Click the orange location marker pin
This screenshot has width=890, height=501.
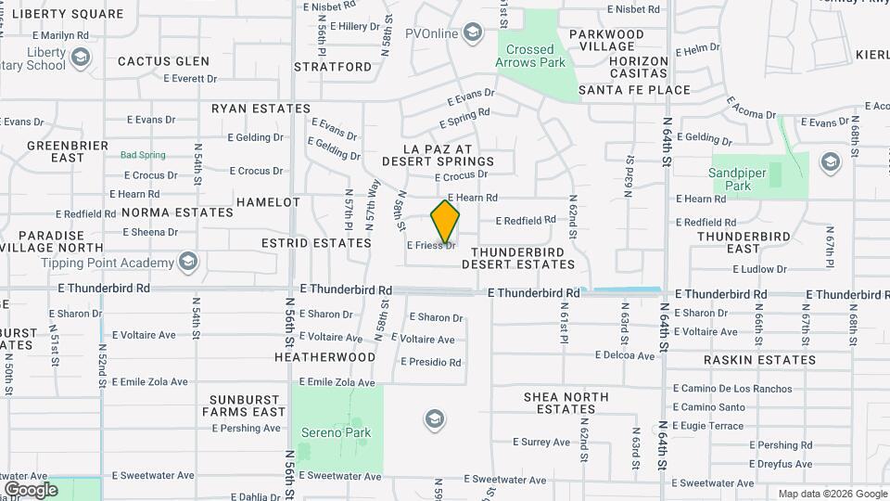tap(445, 222)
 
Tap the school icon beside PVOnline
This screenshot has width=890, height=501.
tap(474, 34)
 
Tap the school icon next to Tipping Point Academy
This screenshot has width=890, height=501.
tap(189, 262)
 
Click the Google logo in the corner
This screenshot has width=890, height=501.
tap(31, 489)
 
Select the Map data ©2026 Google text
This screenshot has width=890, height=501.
tap(832, 494)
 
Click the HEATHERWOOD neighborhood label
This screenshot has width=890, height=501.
tap(325, 356)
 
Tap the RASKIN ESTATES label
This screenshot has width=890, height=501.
tap(759, 360)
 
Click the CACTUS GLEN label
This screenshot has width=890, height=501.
tap(163, 61)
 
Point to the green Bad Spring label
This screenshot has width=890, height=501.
tap(143, 155)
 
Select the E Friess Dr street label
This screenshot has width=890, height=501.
tap(432, 246)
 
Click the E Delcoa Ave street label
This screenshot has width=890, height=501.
tap(625, 355)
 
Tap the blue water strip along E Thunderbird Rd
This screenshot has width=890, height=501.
tap(626, 290)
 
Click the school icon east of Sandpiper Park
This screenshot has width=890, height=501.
tap(829, 163)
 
